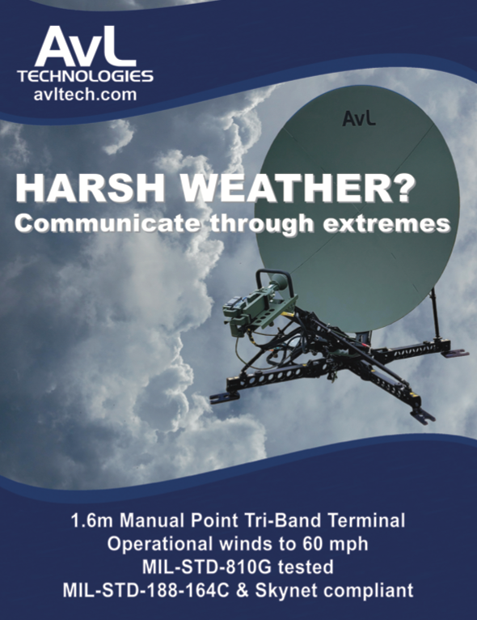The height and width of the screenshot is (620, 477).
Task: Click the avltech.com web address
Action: point(85,95)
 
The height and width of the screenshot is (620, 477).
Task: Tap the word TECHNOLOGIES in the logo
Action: point(85,76)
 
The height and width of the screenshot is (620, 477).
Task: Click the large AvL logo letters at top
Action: point(86,46)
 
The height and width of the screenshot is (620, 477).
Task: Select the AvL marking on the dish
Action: point(358,118)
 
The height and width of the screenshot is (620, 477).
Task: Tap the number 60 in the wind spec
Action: point(312,544)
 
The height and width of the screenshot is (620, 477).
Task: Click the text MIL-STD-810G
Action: point(207,567)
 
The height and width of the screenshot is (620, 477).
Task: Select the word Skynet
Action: point(286,591)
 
